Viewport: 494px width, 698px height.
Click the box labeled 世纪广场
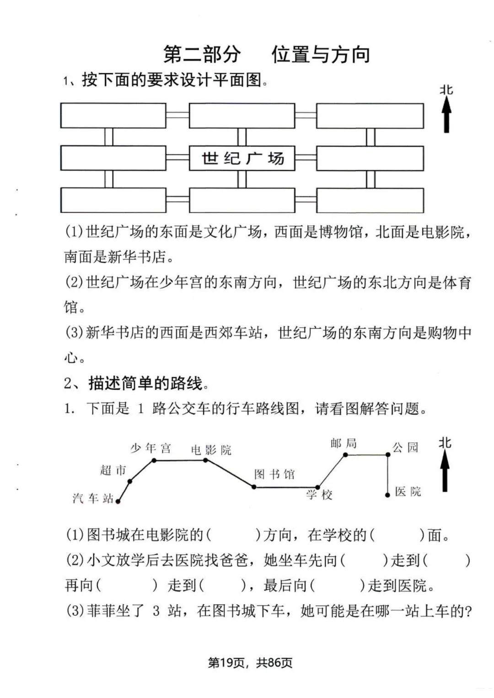tap(242, 158)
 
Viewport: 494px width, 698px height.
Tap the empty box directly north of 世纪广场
tap(242, 116)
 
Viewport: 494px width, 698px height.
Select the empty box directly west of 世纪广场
tap(113, 158)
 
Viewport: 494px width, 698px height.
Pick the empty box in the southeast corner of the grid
tap(370, 200)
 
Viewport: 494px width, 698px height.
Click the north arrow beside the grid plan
tap(446, 114)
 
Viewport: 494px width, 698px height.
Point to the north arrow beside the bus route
tap(445, 471)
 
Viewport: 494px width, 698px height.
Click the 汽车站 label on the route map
tap(92, 498)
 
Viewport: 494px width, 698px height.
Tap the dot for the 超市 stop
tap(130, 481)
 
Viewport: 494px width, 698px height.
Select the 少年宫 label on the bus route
tap(150, 448)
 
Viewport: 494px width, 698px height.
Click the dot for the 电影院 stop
tap(206, 460)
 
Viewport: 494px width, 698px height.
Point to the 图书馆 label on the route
tap(274, 474)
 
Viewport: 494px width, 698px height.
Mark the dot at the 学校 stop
tap(318, 487)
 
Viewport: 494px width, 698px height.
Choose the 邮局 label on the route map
tap(344, 443)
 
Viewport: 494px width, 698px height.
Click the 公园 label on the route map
tap(405, 447)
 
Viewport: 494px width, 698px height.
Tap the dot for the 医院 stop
tap(387, 495)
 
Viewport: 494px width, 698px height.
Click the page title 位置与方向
tap(321, 54)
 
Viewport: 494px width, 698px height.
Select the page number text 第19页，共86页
tap(250, 662)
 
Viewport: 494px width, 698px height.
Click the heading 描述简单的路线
tap(145, 383)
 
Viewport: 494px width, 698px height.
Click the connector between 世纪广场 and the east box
tap(306, 158)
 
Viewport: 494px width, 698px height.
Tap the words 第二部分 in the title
tap(202, 54)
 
